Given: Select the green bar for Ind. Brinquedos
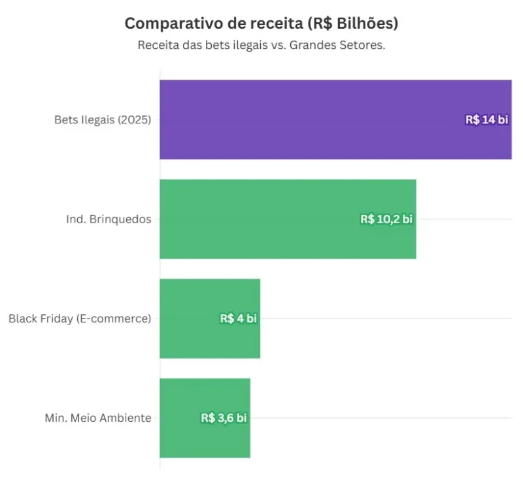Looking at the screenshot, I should click(x=261, y=219).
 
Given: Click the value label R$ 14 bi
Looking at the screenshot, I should click(x=486, y=119).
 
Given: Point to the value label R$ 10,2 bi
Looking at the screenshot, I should click(x=386, y=219).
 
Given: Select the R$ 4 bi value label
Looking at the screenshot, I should click(x=239, y=319).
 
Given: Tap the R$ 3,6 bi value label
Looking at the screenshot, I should click(x=224, y=418).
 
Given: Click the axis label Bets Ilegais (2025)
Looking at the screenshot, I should click(x=103, y=120).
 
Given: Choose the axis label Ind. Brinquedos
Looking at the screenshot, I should click(x=109, y=219).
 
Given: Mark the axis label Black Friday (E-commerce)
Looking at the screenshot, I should click(x=80, y=319).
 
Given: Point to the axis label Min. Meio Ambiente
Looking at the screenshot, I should click(x=98, y=418).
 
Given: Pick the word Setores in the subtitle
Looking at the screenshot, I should click(x=364, y=46).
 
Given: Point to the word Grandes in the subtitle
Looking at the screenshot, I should click(x=317, y=46).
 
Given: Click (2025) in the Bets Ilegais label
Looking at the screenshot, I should click(x=135, y=120).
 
